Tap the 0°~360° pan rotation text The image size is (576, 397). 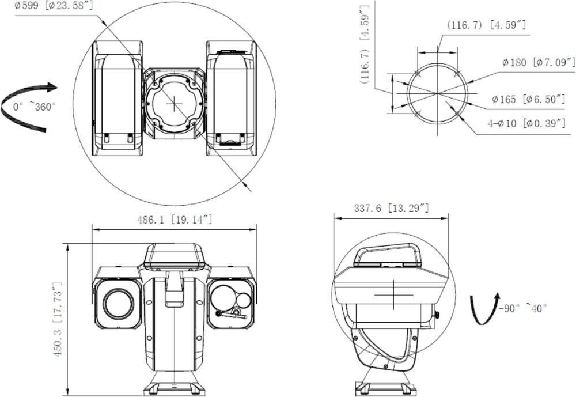click(35, 107)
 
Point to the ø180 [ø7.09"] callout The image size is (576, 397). click(539, 62)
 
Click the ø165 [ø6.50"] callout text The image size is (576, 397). click(528, 100)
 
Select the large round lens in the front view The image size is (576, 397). click(118, 303)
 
